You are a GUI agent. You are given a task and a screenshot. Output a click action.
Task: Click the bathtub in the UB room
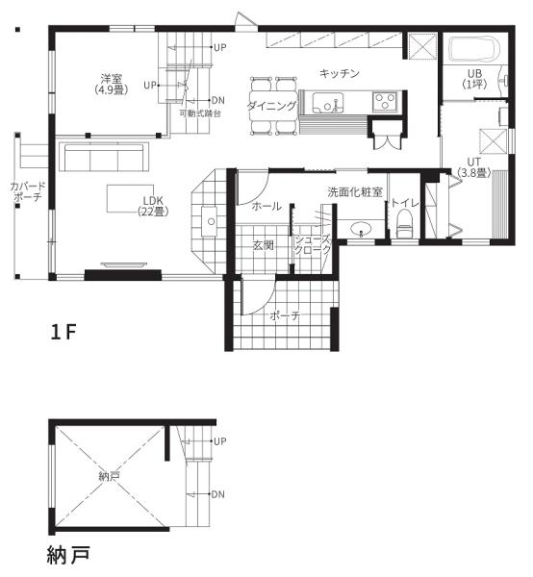pyautogui.click(x=474, y=49)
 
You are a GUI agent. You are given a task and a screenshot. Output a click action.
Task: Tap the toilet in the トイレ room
pyautogui.click(x=405, y=224)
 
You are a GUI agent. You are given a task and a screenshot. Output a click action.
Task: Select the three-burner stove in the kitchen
pyautogui.click(x=385, y=102)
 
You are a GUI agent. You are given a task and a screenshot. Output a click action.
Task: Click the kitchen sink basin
pyautogui.click(x=328, y=103)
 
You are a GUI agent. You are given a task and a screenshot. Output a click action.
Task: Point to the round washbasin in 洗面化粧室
pyautogui.click(x=361, y=230)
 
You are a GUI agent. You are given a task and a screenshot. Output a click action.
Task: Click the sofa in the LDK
pyautogui.click(x=104, y=158)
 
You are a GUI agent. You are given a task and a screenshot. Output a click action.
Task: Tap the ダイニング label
pyautogui.click(x=271, y=106)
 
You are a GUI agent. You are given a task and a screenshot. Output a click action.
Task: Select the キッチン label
pyautogui.click(x=339, y=73)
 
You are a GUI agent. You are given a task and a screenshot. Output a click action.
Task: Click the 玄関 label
pyautogui.click(x=264, y=245)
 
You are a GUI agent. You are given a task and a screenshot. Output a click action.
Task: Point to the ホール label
pyautogui.click(x=266, y=206)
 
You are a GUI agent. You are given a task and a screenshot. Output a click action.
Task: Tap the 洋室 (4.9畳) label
pyautogui.click(x=112, y=85)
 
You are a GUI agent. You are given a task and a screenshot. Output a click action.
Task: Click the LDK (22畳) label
pyautogui.click(x=153, y=206)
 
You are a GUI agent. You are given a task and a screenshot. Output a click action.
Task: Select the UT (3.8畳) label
pyautogui.click(x=474, y=167)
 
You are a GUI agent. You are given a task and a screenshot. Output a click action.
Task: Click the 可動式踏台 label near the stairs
pyautogui.click(x=200, y=113)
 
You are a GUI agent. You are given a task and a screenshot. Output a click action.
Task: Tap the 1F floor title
pyautogui.click(x=63, y=333)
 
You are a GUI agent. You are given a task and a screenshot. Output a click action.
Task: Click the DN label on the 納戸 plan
pyautogui.click(x=217, y=494)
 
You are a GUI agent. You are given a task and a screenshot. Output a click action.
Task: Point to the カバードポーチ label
pyautogui.click(x=28, y=191)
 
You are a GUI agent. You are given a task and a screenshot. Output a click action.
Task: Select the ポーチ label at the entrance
pyautogui.click(x=286, y=315)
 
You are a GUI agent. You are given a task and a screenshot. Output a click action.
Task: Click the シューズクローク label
pyautogui.click(x=312, y=244)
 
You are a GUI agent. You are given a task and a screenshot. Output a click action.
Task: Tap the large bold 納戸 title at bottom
pyautogui.click(x=69, y=556)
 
